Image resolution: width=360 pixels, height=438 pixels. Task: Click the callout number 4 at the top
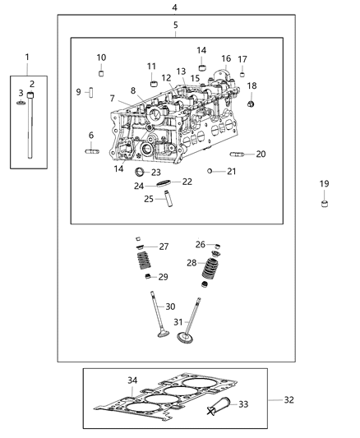pyautogui.click(x=173, y=7)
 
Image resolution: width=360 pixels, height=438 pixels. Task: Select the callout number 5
pyautogui.click(x=175, y=25)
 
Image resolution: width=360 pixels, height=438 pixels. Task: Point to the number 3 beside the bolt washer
pyautogui.click(x=21, y=94)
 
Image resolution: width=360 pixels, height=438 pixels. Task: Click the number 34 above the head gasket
pyautogui.click(x=133, y=380)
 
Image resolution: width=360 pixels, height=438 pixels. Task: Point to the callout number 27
pyautogui.click(x=164, y=247)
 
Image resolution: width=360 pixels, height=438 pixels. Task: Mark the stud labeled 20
pyautogui.click(x=236, y=154)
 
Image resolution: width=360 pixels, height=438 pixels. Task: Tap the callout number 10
pyautogui.click(x=101, y=58)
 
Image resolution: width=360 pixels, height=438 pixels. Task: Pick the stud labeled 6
pyautogui.click(x=91, y=150)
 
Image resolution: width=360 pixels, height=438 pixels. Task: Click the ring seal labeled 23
pyautogui.click(x=139, y=172)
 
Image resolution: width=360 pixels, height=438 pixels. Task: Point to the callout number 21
pyautogui.click(x=232, y=171)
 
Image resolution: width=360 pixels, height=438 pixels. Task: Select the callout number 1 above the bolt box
pyautogui.click(x=26, y=57)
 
